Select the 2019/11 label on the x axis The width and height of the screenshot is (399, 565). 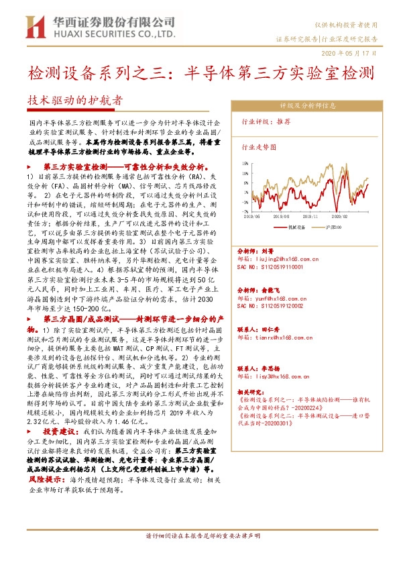(310, 217)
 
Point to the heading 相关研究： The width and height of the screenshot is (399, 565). (253, 390)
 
